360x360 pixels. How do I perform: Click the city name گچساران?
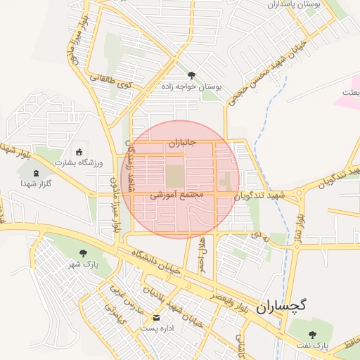[283, 307]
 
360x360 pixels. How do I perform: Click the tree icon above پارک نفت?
[312, 334]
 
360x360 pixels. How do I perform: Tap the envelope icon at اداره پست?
[156, 317]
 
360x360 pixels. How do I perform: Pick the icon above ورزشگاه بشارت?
[79, 153]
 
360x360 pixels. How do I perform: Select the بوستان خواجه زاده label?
[191, 86]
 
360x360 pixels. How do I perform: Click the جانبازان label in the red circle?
[181, 143]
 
